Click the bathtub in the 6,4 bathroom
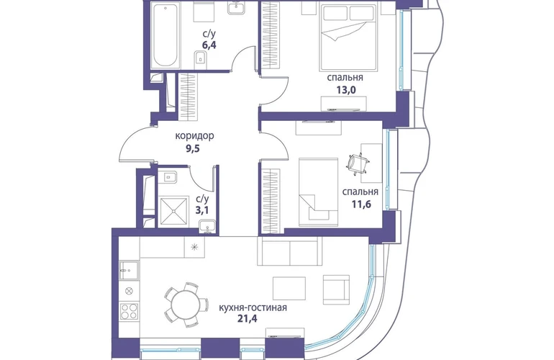[x=165, y=35]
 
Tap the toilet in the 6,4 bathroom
[x=201, y=58]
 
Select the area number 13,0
[x=345, y=90]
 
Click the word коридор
[x=195, y=136]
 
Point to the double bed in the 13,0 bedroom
[x=348, y=37]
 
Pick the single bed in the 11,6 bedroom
[x=318, y=192]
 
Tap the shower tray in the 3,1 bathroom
[x=174, y=211]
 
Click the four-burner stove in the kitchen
[x=129, y=311]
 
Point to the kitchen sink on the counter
[x=129, y=270]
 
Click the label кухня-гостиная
[x=253, y=307]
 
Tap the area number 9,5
[x=193, y=148]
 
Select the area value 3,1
[x=202, y=210]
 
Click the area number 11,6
[x=361, y=204]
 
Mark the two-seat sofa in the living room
[x=290, y=251]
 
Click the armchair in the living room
[x=337, y=289]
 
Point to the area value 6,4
[x=209, y=45]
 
